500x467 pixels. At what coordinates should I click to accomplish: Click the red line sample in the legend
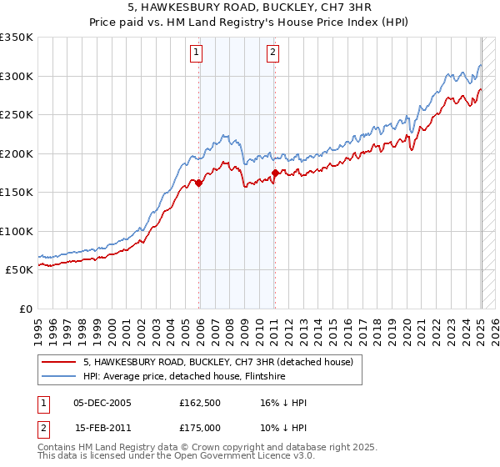(60, 362)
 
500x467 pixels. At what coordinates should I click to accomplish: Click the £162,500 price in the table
(199, 403)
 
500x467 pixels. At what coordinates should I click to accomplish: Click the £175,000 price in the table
(199, 427)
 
